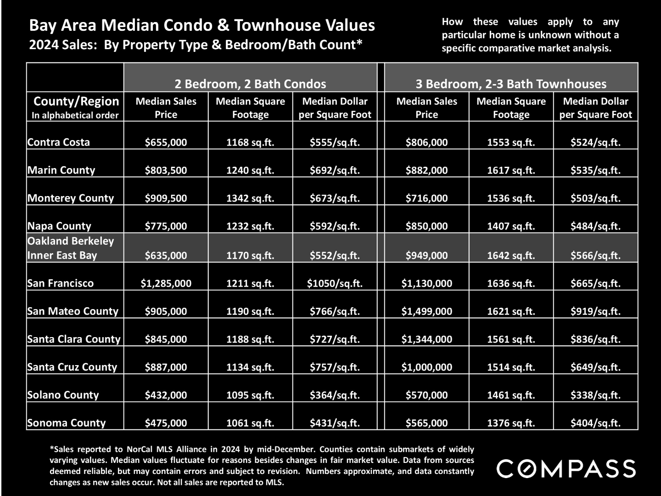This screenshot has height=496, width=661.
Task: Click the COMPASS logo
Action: (x=566, y=468)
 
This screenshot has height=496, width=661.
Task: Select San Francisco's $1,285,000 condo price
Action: (x=166, y=283)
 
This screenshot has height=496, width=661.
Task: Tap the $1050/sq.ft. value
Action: (x=335, y=283)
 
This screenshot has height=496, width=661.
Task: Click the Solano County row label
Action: (x=63, y=395)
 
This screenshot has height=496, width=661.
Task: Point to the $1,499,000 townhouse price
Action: (x=427, y=311)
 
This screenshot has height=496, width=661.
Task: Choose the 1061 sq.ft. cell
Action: (x=250, y=423)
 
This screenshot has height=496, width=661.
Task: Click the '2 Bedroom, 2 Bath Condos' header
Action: (x=250, y=84)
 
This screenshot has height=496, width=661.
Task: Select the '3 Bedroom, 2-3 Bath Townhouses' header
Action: (x=511, y=84)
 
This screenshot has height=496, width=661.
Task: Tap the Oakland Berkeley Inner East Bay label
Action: (x=71, y=248)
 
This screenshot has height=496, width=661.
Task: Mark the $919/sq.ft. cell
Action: (x=596, y=311)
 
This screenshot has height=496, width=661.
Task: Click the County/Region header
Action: (x=76, y=101)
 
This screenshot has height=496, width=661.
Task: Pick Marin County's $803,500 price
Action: (x=166, y=170)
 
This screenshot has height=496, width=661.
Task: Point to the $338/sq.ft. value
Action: (x=596, y=395)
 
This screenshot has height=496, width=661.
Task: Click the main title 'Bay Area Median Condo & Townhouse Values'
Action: (x=202, y=25)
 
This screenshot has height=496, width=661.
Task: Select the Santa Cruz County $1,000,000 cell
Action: (x=427, y=367)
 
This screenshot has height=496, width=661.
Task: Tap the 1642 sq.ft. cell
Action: (x=511, y=255)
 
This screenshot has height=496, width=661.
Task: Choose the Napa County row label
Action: (x=59, y=226)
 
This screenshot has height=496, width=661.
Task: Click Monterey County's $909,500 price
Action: (x=166, y=198)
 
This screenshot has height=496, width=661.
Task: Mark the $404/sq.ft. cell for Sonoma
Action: (x=596, y=423)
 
